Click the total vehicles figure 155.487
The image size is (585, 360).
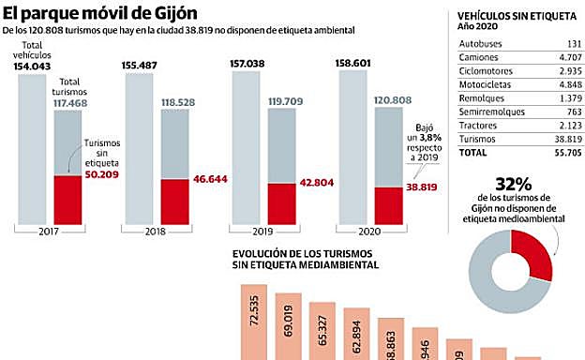(140, 65)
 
